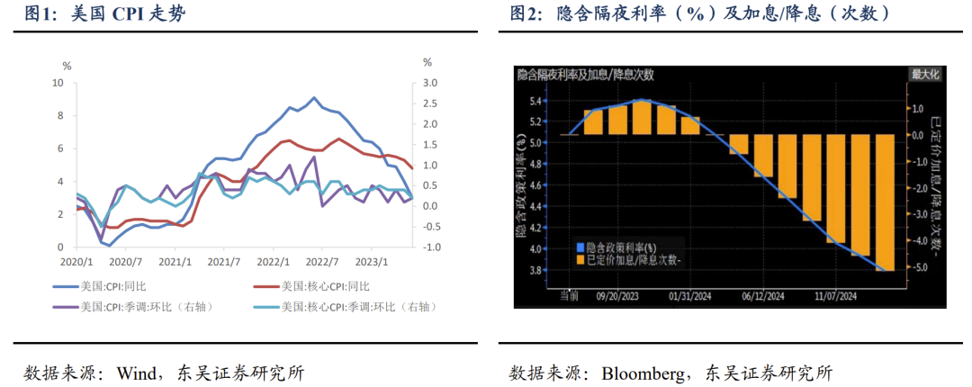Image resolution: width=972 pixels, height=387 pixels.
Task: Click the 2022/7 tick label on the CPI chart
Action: [x=320, y=262]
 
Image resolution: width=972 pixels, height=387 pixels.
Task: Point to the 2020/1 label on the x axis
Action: [x=76, y=262]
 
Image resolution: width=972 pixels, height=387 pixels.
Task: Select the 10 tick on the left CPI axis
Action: [x=58, y=83]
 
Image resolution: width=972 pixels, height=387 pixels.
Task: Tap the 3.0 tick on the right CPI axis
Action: [x=430, y=83]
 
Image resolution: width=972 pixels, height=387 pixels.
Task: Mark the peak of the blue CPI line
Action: [x=314, y=98]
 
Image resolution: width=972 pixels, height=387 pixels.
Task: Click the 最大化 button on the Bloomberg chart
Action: [x=925, y=74]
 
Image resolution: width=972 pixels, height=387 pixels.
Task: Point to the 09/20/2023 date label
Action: [x=618, y=294]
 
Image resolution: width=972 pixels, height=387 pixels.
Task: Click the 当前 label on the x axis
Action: [x=569, y=294]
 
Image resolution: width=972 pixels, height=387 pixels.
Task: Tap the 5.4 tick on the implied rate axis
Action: [x=535, y=100]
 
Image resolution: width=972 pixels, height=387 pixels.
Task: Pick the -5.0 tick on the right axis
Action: [x=921, y=268]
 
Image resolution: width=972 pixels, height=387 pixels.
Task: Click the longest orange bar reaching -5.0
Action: [x=884, y=202]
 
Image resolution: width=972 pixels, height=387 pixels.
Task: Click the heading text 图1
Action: [x=38, y=13]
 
